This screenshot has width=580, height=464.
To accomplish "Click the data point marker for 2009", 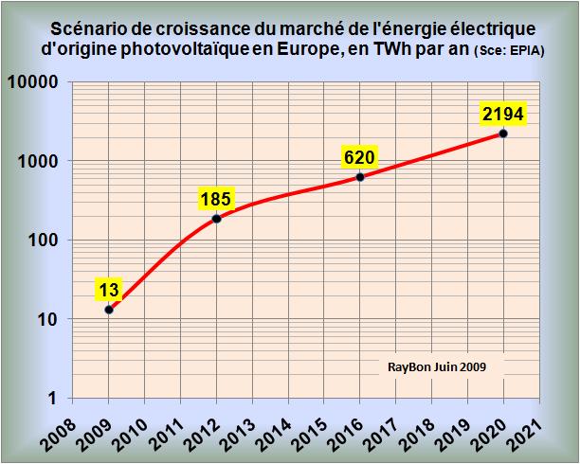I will (109, 310).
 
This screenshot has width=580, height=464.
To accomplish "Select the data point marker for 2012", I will (216, 219).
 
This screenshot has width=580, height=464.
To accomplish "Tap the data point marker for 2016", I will (360, 177).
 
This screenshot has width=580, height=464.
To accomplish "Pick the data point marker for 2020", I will (503, 134).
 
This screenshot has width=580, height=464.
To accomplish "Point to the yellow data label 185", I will (216, 199).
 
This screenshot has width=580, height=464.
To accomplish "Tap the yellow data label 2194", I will (503, 115).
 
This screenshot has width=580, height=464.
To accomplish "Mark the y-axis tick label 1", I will (56, 399).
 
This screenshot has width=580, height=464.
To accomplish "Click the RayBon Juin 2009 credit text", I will (437, 366).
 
